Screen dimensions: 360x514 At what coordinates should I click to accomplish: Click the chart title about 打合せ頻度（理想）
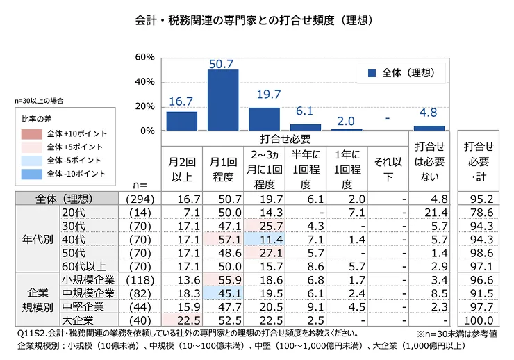pyautogui.click(x=257, y=21)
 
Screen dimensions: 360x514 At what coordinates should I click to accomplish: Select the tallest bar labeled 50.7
pyautogui.click(x=223, y=100)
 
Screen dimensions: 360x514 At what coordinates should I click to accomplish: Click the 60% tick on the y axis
pyautogui.click(x=144, y=57)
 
